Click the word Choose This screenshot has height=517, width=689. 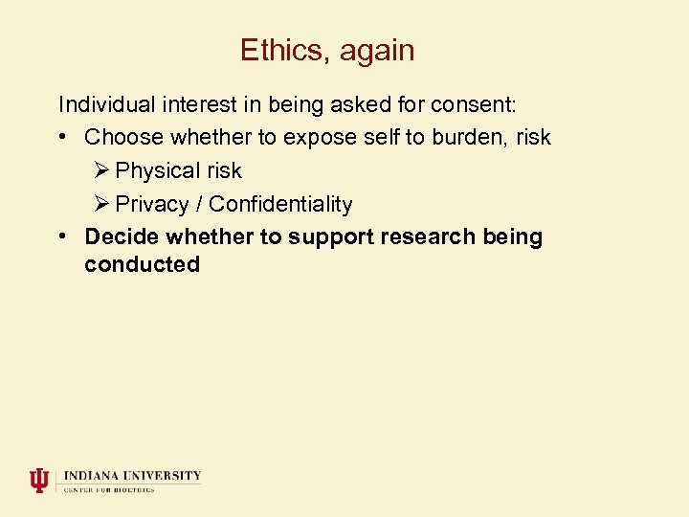(123, 137)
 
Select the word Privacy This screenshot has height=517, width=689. (151, 205)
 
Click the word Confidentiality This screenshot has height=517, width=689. (280, 204)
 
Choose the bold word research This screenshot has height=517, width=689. (432, 236)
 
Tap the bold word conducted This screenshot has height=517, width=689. (142, 264)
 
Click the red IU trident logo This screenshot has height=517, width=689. (38, 480)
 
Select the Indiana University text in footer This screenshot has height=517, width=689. (133, 475)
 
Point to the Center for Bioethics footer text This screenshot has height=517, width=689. (109, 490)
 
